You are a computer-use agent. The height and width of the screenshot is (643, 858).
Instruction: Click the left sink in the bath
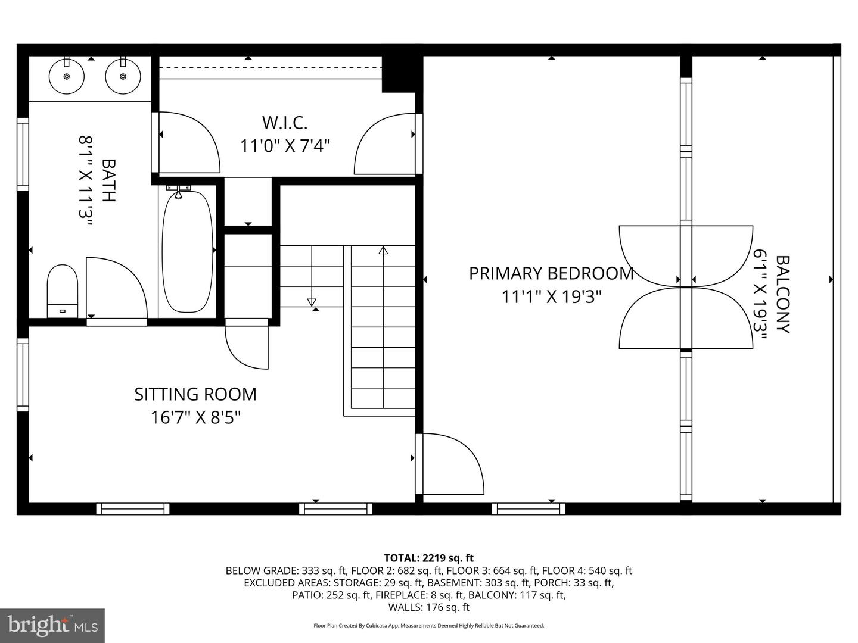pos(66,76)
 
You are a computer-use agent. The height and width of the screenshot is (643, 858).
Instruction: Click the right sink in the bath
pos(123,76)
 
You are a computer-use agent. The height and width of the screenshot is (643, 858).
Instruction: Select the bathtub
pos(187,251)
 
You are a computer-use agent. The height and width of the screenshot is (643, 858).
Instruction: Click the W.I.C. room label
pos(285,123)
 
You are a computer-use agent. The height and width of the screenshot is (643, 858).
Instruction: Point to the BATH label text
pos(108,180)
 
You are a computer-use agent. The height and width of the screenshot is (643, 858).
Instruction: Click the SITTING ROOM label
pos(195,394)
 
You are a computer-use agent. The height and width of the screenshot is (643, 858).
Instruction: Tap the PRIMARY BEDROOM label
pos(551,273)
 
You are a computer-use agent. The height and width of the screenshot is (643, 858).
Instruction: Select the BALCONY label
pos(782,294)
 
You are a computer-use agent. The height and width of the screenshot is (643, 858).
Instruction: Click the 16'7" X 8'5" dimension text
pos(195,417)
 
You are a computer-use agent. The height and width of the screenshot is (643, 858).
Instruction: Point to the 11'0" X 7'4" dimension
pos(285,146)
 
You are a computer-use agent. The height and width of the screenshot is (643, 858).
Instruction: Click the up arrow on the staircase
pos(383,251)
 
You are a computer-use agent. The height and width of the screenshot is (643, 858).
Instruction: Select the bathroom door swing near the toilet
pos(116,289)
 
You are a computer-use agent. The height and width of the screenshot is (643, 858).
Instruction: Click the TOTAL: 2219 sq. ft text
pos(428,558)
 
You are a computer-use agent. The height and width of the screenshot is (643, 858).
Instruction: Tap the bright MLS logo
pos(52,625)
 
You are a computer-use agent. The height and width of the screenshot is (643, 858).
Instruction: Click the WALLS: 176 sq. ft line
pos(428,607)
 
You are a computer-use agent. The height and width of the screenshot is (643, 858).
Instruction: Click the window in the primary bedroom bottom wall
pos(529,509)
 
